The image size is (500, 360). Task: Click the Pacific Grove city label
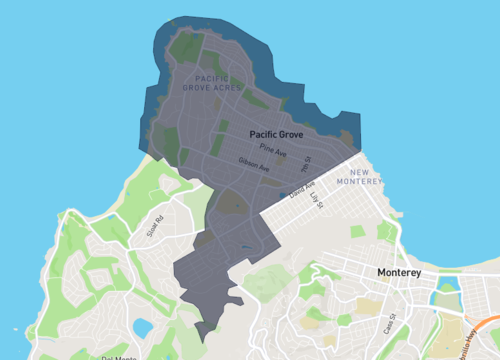[276, 133]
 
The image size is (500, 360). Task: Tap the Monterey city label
[399, 272]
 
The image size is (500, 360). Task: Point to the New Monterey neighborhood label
[359, 177]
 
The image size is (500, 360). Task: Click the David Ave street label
[302, 187]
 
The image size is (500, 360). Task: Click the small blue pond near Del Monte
[142, 328]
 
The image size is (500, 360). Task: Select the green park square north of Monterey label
[358, 232]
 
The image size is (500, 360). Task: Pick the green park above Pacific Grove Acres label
[186, 46]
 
